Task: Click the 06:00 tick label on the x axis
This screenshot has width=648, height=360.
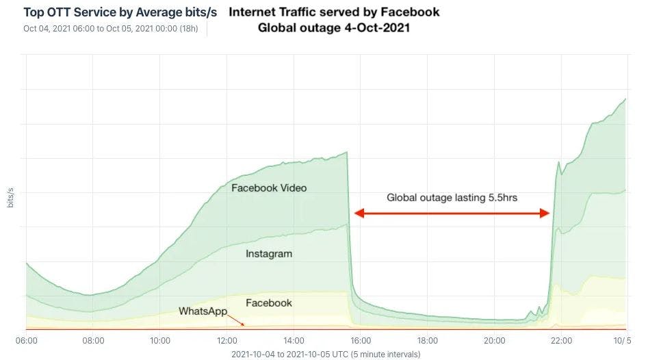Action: pyautogui.click(x=27, y=340)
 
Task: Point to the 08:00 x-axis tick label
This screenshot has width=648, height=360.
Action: pyautogui.click(x=93, y=340)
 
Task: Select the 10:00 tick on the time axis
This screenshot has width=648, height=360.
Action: pyautogui.click(x=160, y=340)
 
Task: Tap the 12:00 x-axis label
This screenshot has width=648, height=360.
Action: pyautogui.click(x=227, y=340)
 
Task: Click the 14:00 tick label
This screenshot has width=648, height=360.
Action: pyautogui.click(x=294, y=340)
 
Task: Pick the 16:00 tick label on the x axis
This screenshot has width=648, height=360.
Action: pyautogui.click(x=361, y=340)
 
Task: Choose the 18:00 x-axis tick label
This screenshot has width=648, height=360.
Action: pyautogui.click(x=428, y=340)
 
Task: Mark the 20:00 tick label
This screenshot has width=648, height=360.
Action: pyautogui.click(x=494, y=340)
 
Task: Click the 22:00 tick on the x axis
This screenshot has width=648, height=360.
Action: pyautogui.click(x=561, y=340)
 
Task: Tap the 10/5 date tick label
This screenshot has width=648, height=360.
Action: pyautogui.click(x=621, y=340)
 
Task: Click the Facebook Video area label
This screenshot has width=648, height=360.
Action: pyautogui.click(x=269, y=188)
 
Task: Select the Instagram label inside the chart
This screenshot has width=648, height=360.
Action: pyautogui.click(x=269, y=254)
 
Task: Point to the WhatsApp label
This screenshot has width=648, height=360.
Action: pyautogui.click(x=203, y=311)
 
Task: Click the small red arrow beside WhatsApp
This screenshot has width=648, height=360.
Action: pyautogui.click(x=236, y=320)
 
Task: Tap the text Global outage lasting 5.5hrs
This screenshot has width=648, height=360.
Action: pyautogui.click(x=452, y=198)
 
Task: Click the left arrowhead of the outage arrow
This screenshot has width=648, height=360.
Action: pyautogui.click(x=358, y=214)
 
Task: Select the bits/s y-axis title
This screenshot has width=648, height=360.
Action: pyautogui.click(x=10, y=196)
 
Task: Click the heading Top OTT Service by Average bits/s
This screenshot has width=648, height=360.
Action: pyautogui.click(x=120, y=12)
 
